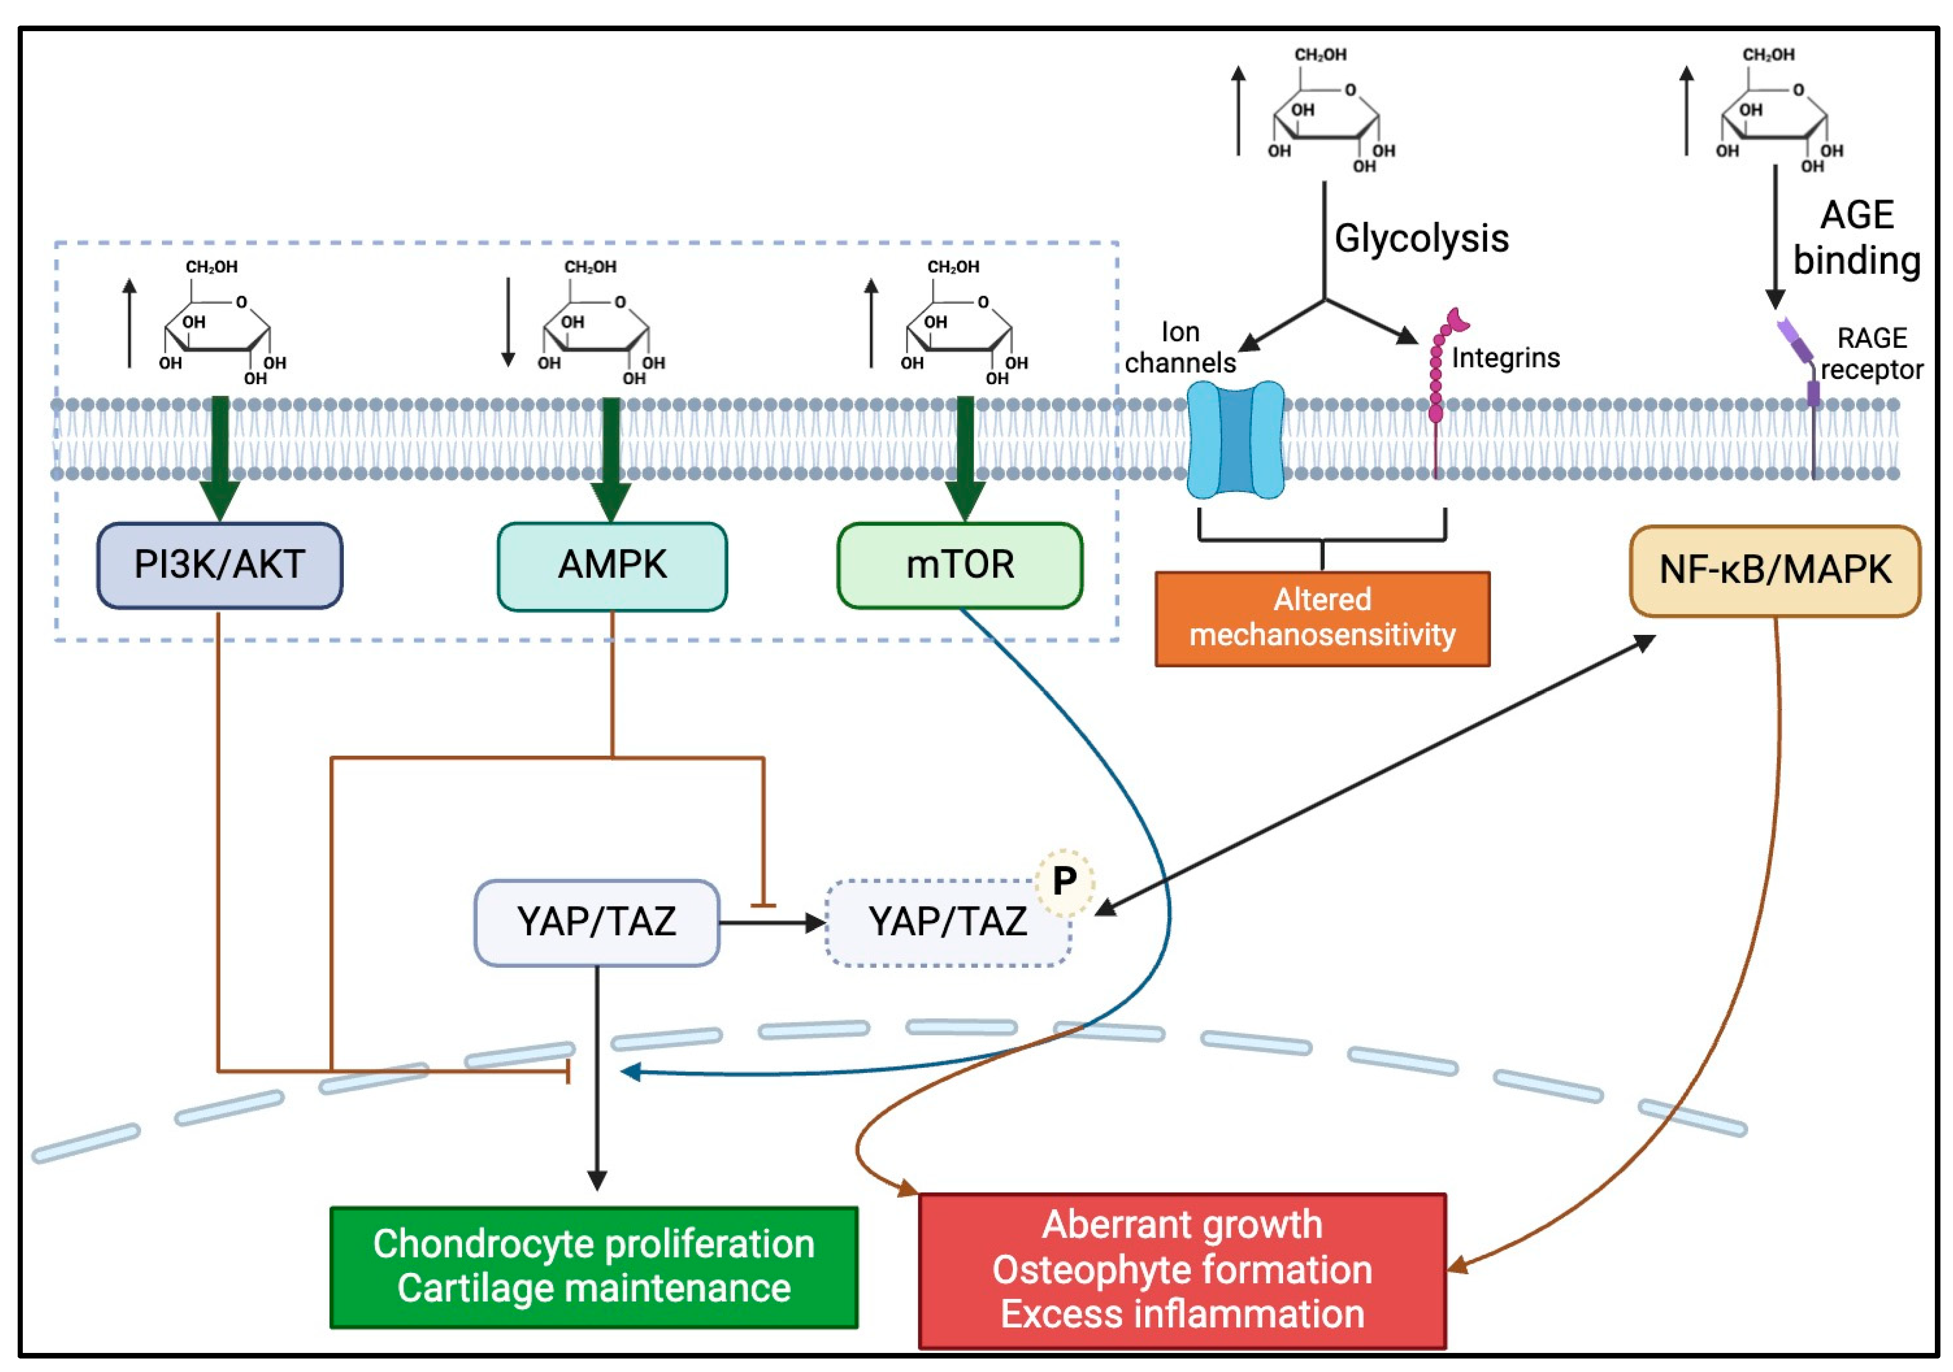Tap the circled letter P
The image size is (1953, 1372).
coord(1064,881)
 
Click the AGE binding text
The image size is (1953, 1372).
coord(1857,238)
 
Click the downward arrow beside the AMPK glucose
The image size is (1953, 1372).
coord(508,321)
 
